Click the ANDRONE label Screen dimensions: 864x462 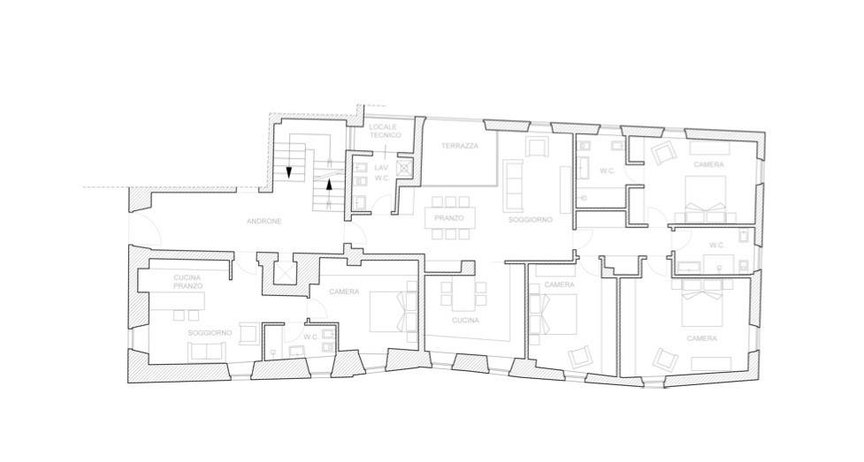coord(264,222)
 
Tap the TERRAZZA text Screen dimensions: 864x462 coord(460,146)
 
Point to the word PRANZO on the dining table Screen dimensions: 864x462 coord(449,218)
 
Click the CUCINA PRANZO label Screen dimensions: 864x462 coord(187,282)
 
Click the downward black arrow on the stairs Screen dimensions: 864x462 coord(288,171)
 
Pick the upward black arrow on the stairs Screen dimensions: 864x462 coord(330,185)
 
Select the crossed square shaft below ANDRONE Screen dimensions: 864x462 coord(286,274)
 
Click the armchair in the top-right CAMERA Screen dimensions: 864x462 coord(664,153)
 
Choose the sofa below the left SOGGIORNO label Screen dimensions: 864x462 coord(207,351)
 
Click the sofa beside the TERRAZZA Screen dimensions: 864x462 coord(513,186)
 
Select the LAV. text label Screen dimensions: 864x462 coord(382,168)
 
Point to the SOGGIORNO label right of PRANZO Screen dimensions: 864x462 coord(530,220)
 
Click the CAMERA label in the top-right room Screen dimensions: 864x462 coord(708,164)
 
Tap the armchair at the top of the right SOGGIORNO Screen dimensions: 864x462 coord(538,147)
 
